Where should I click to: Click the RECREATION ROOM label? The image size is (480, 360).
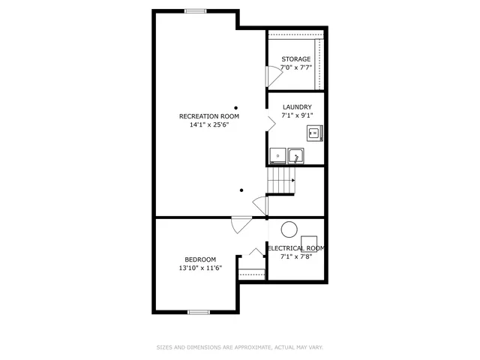[208, 116]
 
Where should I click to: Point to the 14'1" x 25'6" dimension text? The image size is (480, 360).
[208, 125]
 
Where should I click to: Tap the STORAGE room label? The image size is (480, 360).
[296, 59]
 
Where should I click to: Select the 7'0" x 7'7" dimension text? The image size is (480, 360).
[296, 68]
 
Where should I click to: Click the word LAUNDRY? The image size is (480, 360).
[296, 107]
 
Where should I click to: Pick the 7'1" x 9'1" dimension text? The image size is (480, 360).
[296, 116]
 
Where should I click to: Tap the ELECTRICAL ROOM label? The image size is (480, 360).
[296, 248]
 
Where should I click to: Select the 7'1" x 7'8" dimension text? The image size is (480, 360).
[296, 257]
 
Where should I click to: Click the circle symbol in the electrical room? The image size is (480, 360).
[288, 230]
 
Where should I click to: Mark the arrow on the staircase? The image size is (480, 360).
[291, 181]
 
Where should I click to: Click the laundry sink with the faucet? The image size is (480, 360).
[297, 156]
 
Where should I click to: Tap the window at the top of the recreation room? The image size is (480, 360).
[196, 10]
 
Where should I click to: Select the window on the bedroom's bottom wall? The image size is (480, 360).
[199, 311]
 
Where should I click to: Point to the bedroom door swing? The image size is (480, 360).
[241, 223]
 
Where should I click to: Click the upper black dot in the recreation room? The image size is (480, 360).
[235, 106]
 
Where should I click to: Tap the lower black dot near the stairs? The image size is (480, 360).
[241, 190]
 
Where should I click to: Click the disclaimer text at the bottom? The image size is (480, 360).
[239, 347]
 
